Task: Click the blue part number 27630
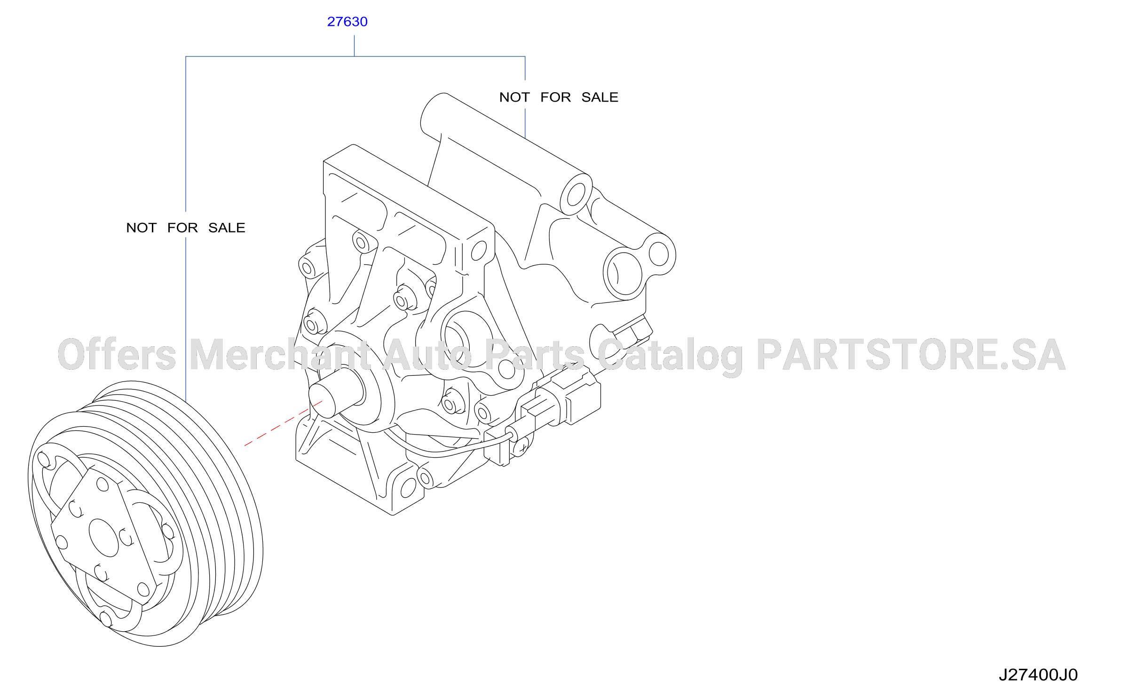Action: [347, 22]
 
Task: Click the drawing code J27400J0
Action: [1038, 674]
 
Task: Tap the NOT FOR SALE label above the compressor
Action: [559, 97]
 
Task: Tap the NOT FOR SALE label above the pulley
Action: [186, 228]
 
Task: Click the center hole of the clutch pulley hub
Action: [103, 538]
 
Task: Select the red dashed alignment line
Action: [283, 423]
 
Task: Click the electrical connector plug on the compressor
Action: [560, 400]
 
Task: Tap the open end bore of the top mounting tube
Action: [576, 194]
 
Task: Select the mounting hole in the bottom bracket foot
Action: [408, 488]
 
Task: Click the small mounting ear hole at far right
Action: [658, 254]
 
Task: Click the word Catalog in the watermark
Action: [671, 357]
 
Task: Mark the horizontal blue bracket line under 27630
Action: [355, 56]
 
